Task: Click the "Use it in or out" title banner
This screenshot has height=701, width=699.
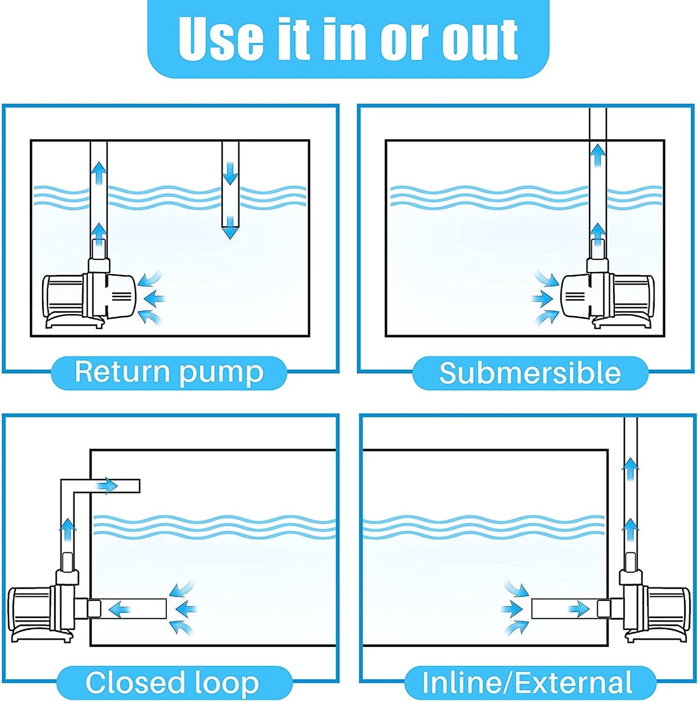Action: tap(348, 39)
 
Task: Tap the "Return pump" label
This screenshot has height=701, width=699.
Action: tap(169, 373)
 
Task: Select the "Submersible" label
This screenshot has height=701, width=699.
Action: tap(530, 373)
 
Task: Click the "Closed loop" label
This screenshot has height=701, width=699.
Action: tap(173, 683)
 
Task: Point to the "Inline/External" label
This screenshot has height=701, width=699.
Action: tap(527, 683)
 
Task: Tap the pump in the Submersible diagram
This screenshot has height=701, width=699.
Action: tap(608, 298)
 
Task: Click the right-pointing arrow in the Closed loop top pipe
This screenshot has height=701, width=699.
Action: tap(107, 485)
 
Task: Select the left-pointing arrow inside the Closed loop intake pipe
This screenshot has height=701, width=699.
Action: tap(119, 609)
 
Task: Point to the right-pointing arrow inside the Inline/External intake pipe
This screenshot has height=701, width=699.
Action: tap(579, 609)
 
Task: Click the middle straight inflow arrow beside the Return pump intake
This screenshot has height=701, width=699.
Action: tap(155, 297)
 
